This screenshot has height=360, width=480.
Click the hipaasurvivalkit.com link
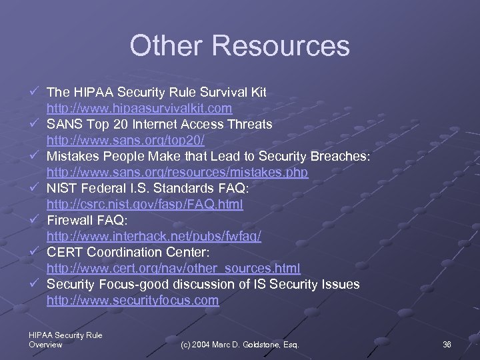139,108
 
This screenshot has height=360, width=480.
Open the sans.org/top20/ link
125,140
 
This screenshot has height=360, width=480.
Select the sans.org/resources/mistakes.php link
177,172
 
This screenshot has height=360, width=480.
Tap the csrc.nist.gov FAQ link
145,204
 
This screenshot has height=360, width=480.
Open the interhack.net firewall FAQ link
154,236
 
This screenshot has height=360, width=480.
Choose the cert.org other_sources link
173,268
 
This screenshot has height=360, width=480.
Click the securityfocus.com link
133,300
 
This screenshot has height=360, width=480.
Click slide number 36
447,344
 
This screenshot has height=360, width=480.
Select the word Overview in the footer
46,345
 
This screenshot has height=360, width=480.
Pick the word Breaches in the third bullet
339,156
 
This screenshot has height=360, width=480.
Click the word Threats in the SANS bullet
249,124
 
